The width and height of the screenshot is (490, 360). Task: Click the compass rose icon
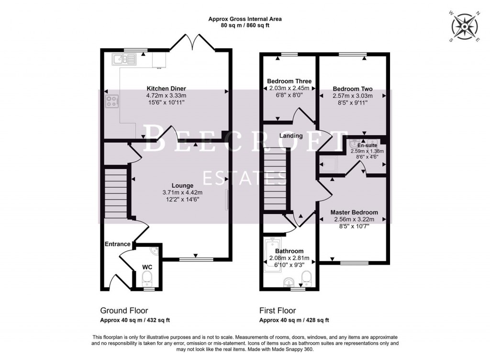[x=464, y=26]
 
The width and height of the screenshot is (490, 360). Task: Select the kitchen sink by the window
[x=124, y=59]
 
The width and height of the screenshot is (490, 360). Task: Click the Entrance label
[x=118, y=244]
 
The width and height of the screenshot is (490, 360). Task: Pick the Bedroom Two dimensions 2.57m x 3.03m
[x=353, y=96]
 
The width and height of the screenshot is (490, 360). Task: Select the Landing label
[x=291, y=135]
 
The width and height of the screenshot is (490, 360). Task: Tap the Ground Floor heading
[x=124, y=310]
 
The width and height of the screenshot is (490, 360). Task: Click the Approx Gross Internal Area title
[x=245, y=19]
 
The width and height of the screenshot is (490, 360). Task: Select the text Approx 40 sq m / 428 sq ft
[x=294, y=320]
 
